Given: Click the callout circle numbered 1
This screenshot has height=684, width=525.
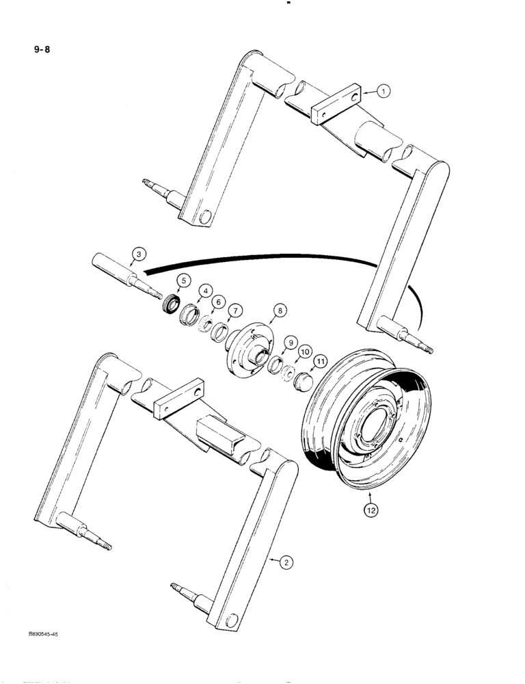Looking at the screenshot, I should point(384,90).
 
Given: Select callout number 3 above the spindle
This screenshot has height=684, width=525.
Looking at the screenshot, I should point(139,254).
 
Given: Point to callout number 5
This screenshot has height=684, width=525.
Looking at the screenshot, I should point(165,280).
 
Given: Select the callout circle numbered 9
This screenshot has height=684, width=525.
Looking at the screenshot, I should point(290,342).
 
